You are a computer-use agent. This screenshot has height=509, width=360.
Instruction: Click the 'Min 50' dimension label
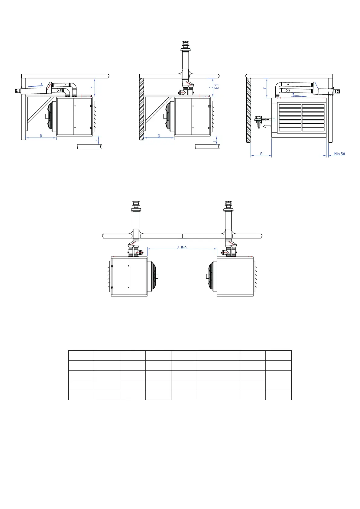(x=339, y=154)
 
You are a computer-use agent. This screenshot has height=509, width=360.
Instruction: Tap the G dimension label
(x=261, y=154)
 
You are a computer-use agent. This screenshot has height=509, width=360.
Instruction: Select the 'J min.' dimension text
(x=182, y=247)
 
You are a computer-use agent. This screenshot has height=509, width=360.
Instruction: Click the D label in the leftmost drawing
(x=41, y=136)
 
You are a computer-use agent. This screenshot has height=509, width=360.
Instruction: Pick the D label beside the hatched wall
(x=159, y=136)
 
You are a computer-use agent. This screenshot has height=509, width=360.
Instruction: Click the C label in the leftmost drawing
(x=93, y=87)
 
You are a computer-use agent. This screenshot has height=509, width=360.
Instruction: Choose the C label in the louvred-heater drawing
(x=265, y=88)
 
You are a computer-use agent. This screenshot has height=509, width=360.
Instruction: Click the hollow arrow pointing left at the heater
(x=267, y=126)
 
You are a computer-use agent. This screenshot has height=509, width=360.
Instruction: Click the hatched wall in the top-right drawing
(x=248, y=110)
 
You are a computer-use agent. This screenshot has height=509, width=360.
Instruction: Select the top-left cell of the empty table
(x=81, y=355)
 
